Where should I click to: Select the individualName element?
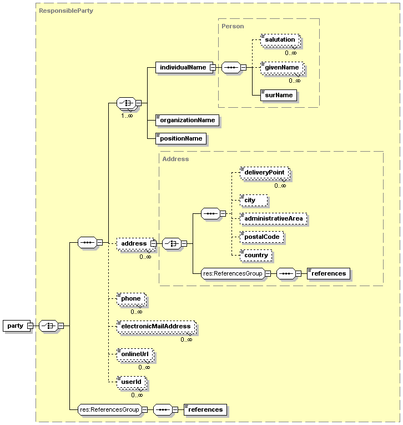[182, 67]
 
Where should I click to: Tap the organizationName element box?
[187, 119]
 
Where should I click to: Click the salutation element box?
[279, 40]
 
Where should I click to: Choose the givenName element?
[282, 68]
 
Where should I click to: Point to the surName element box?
[279, 96]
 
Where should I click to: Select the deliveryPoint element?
[264, 173]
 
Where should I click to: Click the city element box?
[253, 200]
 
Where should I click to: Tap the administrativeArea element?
[273, 218]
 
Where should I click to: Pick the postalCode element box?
[262, 237]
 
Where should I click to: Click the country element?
[256, 255]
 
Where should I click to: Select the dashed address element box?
[133, 243]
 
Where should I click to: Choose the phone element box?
[131, 299]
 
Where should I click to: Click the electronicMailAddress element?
[155, 327]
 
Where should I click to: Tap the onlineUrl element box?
[134, 354]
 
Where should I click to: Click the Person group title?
[233, 26]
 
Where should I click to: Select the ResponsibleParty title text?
[66, 11]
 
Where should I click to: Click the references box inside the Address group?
[329, 273]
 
